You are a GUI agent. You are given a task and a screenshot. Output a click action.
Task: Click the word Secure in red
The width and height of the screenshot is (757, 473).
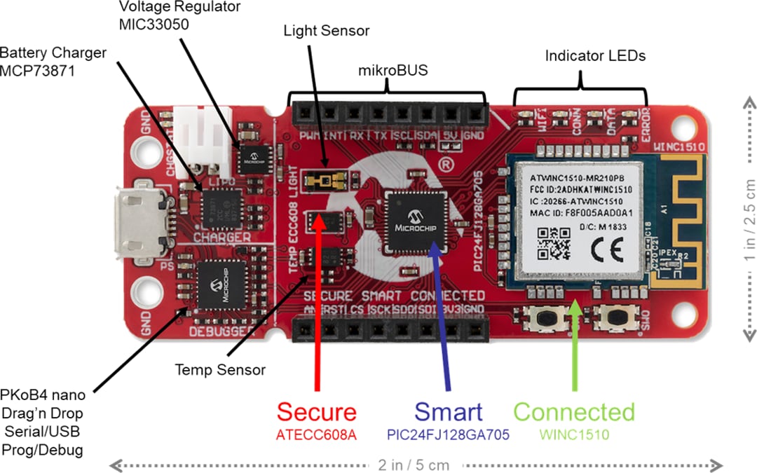click(x=316, y=412)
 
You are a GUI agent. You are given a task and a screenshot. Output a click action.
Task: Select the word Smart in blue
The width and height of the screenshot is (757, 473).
click(x=448, y=412)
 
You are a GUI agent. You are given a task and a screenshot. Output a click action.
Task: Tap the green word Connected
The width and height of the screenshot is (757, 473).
click(x=574, y=412)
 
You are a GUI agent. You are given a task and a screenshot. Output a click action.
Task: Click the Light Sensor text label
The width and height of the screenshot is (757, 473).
click(x=326, y=32)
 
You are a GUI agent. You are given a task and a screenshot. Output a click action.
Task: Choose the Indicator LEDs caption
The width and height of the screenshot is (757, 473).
click(x=595, y=55)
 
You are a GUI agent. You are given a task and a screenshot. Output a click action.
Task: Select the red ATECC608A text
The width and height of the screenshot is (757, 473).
click(x=316, y=435)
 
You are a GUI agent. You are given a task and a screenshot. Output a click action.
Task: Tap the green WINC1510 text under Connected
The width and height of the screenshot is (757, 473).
click(x=574, y=435)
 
